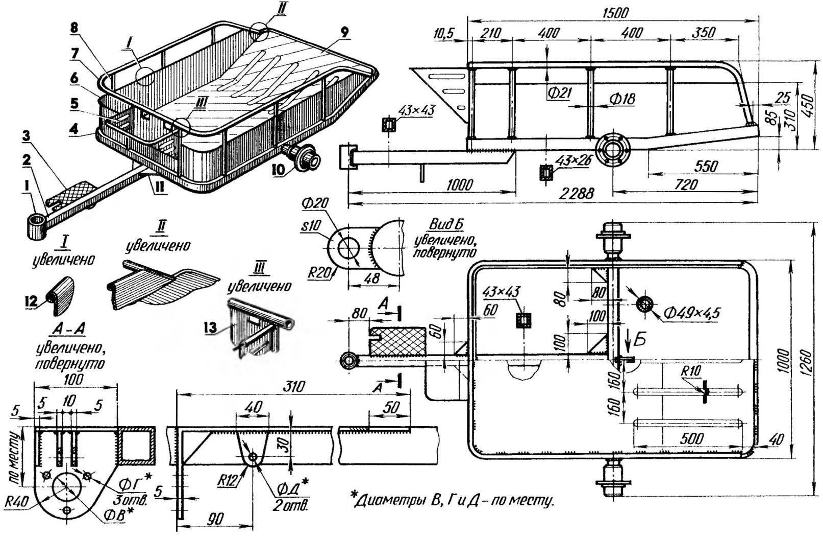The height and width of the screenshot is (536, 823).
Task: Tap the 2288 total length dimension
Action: (576, 193)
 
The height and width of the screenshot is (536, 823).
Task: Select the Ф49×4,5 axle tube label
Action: (692, 313)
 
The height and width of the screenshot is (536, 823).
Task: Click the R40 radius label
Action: (16, 501)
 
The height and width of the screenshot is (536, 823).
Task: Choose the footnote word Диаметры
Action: (393, 500)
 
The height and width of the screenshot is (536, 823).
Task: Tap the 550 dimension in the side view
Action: (706, 167)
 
